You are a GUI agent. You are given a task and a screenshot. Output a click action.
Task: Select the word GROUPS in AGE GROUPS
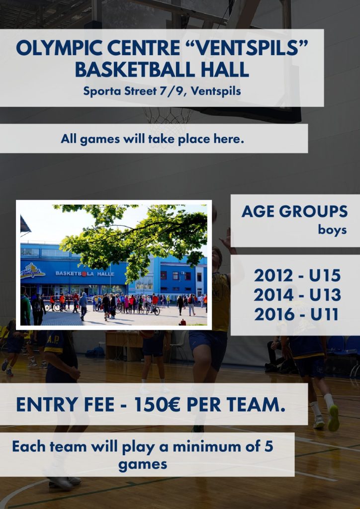point(313,212)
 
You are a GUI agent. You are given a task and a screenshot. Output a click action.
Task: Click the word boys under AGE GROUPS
point(332,230)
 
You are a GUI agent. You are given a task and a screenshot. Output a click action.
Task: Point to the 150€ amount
point(157,405)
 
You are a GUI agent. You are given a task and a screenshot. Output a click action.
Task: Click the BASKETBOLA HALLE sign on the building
point(85,274)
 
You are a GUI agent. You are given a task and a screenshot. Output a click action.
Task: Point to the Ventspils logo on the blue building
point(32,270)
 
